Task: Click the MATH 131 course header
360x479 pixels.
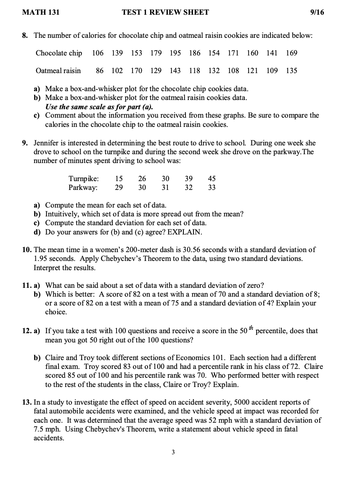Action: click(x=41, y=13)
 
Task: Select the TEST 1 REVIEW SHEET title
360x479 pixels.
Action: click(x=165, y=13)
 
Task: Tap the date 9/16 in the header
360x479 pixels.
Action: click(x=317, y=13)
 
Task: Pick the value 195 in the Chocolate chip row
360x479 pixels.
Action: click(x=175, y=53)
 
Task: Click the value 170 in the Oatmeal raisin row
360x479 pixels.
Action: click(x=136, y=71)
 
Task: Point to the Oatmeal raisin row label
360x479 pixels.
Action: click(x=58, y=71)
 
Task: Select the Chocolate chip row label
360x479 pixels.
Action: click(x=59, y=53)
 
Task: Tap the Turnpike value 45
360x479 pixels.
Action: click(x=212, y=179)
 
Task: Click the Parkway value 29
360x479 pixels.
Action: click(x=119, y=187)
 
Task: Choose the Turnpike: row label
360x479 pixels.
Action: click(x=84, y=179)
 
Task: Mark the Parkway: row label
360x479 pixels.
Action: click(x=83, y=187)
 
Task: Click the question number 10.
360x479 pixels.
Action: click(x=26, y=250)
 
